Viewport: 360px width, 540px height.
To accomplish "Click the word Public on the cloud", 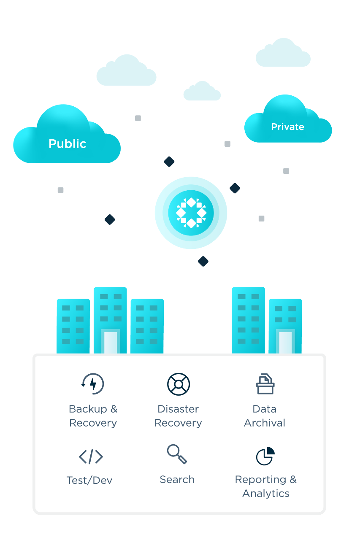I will (68, 144).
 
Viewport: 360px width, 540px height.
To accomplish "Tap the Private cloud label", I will (287, 127).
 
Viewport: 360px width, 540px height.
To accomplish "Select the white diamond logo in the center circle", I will (191, 213).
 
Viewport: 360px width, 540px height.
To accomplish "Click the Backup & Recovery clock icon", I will (93, 384).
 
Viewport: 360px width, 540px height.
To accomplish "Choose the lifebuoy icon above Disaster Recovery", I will (178, 384).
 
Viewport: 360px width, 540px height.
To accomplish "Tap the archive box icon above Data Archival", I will (265, 384).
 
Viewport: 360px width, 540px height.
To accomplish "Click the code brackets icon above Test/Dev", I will (91, 456).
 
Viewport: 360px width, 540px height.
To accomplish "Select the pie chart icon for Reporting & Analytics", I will (265, 456).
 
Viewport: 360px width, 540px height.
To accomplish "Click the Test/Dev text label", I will (89, 480).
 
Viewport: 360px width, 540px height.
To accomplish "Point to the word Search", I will (177, 480).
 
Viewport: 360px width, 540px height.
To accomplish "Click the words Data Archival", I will (265, 416).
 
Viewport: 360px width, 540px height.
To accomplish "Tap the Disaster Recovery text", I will (178, 416).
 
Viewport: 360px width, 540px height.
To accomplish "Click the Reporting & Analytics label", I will (265, 486).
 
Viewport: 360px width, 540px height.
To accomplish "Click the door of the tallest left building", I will (110, 342).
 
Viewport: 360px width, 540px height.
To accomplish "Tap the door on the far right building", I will (285, 342).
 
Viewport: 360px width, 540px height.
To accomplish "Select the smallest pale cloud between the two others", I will (202, 92).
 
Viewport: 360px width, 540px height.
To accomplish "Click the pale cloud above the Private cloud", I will (283, 54).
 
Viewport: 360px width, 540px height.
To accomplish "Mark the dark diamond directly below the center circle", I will (203, 262).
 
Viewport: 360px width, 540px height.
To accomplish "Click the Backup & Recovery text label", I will (93, 416).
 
